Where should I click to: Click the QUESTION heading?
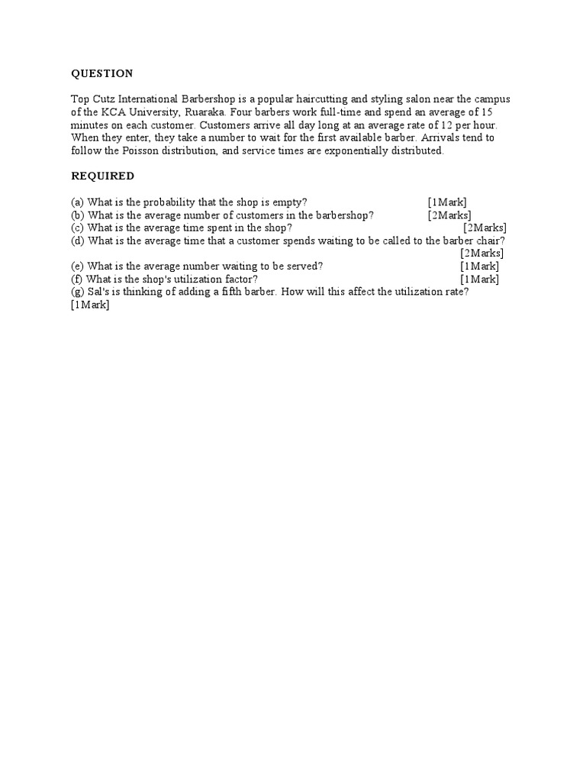pyautogui.click(x=102, y=73)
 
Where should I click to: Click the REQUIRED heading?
pyautogui.click(x=103, y=176)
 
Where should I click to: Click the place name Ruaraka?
pyautogui.click(x=205, y=112)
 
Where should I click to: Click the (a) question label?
pyautogui.click(x=78, y=202)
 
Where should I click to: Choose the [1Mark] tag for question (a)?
pyautogui.click(x=447, y=202)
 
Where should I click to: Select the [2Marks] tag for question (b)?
pyautogui.click(x=449, y=215)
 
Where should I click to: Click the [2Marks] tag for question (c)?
pyautogui.click(x=485, y=228)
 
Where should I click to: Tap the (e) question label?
pyautogui.click(x=78, y=266)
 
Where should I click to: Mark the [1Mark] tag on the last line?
pyautogui.click(x=90, y=305)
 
